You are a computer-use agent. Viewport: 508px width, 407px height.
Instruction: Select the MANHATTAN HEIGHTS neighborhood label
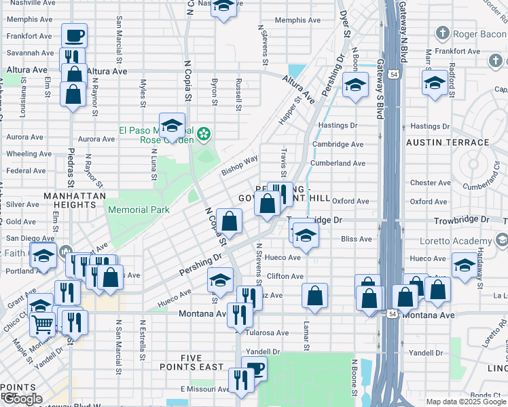click(75, 196)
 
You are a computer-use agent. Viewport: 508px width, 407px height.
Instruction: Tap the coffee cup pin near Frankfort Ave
click(74, 35)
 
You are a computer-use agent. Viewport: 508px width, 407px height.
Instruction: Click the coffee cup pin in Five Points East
click(254, 368)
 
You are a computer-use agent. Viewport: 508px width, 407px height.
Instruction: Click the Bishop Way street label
click(240, 165)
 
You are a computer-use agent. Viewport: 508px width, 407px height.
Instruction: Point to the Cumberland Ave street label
click(338, 163)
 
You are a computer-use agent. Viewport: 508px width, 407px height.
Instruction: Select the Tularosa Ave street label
click(269, 333)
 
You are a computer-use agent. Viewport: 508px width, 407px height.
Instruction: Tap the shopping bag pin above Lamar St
click(314, 294)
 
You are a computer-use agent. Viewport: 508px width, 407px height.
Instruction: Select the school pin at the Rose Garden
click(173, 124)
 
